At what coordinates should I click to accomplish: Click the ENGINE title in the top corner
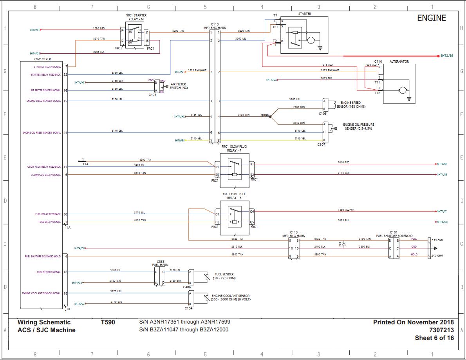[x=431, y=18]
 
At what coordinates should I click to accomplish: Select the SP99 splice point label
[x=265, y=115]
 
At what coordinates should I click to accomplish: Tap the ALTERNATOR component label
[x=399, y=62]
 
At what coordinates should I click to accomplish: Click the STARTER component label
[x=304, y=14]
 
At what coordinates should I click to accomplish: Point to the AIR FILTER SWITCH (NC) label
[x=179, y=86]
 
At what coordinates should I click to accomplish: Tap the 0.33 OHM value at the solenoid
[x=437, y=240]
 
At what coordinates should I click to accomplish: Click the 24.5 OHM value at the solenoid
[x=437, y=255]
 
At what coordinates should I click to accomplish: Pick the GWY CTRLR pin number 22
[x=65, y=74]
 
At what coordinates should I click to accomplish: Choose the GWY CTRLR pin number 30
[x=65, y=214]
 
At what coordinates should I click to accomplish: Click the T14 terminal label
[x=85, y=164]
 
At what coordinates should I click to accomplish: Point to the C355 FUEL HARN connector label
[x=160, y=263]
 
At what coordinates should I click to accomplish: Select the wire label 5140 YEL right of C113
[x=300, y=139]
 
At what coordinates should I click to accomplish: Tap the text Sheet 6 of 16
[x=434, y=338]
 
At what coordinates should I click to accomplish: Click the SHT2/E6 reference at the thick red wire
[x=446, y=56]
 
